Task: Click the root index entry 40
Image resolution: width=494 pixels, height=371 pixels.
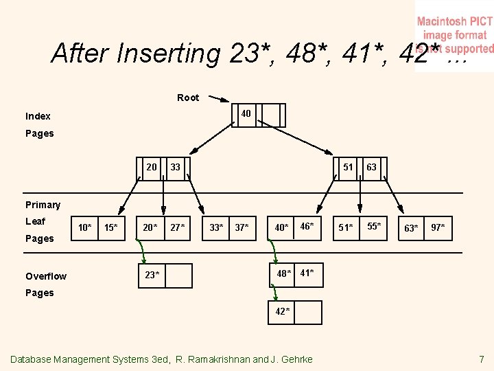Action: (245, 113)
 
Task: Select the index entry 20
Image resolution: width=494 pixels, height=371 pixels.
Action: (151, 167)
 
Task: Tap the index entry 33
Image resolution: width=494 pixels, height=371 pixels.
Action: (176, 167)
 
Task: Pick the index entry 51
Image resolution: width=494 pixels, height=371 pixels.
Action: (349, 167)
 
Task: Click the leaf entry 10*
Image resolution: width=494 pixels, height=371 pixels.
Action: (85, 227)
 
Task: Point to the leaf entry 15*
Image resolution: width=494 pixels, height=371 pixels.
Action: (110, 227)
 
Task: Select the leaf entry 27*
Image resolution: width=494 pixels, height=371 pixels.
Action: (177, 227)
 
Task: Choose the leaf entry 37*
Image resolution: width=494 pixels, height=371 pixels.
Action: (242, 227)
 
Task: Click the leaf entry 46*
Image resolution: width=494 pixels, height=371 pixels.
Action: (307, 226)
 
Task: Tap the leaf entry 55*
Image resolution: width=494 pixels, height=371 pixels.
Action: (373, 226)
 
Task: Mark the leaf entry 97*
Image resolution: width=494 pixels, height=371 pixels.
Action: (438, 227)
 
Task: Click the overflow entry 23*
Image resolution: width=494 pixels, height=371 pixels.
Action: (152, 275)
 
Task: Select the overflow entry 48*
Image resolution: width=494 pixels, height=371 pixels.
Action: (284, 274)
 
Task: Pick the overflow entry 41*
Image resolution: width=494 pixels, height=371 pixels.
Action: (307, 273)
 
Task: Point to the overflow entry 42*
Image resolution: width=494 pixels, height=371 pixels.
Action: (283, 311)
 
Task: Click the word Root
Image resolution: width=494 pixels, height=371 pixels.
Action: (188, 98)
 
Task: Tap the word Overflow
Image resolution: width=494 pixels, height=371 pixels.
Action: (46, 276)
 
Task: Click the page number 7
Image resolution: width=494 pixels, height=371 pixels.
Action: (482, 359)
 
